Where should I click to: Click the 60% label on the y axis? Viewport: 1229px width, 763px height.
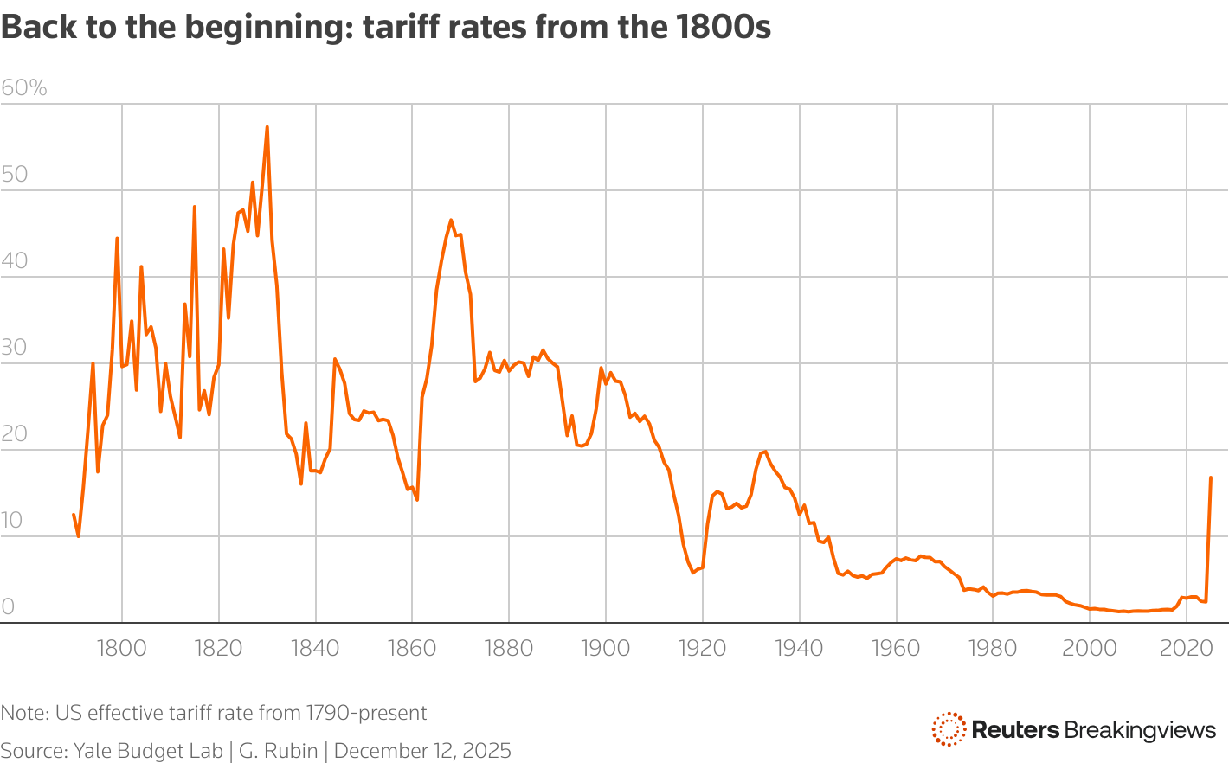[24, 87]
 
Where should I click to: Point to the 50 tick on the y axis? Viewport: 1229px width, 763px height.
[15, 174]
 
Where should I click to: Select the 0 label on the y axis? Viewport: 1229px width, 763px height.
[8, 606]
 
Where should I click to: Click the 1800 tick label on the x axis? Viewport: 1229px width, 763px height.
[122, 648]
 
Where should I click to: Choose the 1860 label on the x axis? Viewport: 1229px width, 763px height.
[412, 648]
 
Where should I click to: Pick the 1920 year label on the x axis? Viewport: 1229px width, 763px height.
[702, 648]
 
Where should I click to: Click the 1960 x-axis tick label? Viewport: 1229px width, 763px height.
[896, 648]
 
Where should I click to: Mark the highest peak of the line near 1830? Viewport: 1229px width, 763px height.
[267, 127]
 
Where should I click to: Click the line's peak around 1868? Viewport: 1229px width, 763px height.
[451, 220]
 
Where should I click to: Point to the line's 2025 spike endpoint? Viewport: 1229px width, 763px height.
[1211, 478]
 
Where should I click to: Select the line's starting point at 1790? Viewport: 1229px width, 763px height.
[74, 515]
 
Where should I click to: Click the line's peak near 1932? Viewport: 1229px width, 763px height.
[764, 451]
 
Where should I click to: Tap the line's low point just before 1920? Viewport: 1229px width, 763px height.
[692, 573]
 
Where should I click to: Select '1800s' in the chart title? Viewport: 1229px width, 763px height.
[723, 28]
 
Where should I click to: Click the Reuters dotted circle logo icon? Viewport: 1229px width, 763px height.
[949, 729]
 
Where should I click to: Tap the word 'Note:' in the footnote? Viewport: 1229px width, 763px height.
[25, 713]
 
